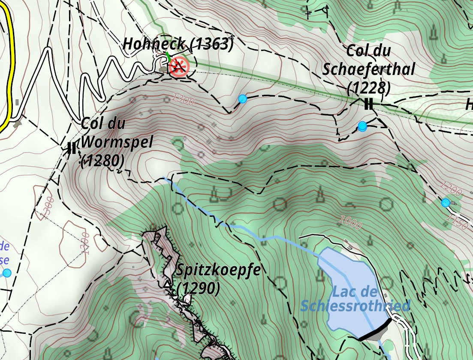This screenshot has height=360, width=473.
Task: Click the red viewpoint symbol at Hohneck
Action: tap(178, 67)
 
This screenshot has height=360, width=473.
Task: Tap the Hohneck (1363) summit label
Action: tap(178, 44)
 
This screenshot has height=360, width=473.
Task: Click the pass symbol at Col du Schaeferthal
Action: tap(368, 104)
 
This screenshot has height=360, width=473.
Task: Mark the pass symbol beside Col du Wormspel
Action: tap(72, 148)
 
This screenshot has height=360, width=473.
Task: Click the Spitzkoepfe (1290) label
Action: tap(217, 279)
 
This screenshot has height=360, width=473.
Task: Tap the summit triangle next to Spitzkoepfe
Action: tap(167, 284)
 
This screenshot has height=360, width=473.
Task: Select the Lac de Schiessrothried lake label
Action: tap(355, 299)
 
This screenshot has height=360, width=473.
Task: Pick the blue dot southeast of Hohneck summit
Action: tap(243, 99)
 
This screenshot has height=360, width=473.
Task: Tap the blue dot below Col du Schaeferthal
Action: tap(362, 126)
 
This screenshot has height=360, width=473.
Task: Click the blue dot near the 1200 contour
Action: tap(446, 203)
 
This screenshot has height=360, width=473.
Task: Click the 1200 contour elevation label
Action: tap(451, 188)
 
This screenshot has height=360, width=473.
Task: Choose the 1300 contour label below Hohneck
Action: tap(183, 99)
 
